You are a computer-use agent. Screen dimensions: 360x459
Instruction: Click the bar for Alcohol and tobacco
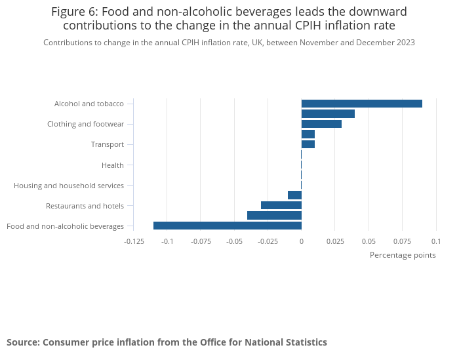point(361,104)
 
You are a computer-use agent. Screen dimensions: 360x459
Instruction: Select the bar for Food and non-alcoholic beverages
point(228,226)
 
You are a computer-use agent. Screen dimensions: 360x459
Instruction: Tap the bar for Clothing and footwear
point(321,124)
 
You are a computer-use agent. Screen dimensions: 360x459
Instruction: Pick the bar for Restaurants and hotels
point(281,205)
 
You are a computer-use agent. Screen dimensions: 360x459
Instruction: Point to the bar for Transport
point(308,144)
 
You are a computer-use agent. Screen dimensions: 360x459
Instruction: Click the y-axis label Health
point(113,165)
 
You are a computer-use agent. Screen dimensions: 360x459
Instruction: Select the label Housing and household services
point(69,186)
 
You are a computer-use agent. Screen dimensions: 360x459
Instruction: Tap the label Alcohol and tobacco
point(89,104)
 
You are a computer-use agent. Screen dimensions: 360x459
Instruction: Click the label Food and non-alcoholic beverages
point(65,226)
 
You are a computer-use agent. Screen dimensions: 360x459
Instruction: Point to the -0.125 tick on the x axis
point(134,241)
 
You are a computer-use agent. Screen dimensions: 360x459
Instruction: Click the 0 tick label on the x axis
point(301,241)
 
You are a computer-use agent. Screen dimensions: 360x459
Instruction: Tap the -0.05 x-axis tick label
point(234,241)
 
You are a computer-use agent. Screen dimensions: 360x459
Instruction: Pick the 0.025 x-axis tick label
point(335,241)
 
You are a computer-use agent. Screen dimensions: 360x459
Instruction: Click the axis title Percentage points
point(403,255)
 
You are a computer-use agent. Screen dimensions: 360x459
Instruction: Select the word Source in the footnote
point(22,342)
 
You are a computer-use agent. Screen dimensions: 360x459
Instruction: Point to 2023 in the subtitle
point(405,43)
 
